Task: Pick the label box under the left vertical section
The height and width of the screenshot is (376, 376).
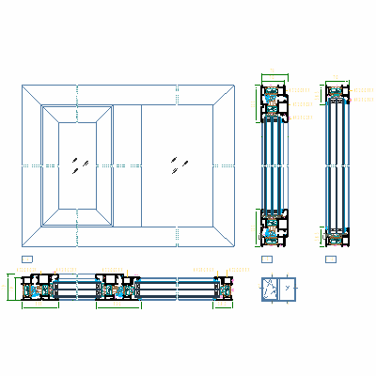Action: pos(267,258)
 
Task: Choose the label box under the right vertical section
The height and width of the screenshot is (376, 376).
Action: pos(330,258)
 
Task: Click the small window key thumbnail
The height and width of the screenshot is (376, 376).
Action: pos(276,290)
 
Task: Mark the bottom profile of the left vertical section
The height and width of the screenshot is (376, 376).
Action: pos(274,226)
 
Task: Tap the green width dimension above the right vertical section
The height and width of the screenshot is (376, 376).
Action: pos(336,79)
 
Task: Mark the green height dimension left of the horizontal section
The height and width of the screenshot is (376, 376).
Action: pos(8,288)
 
